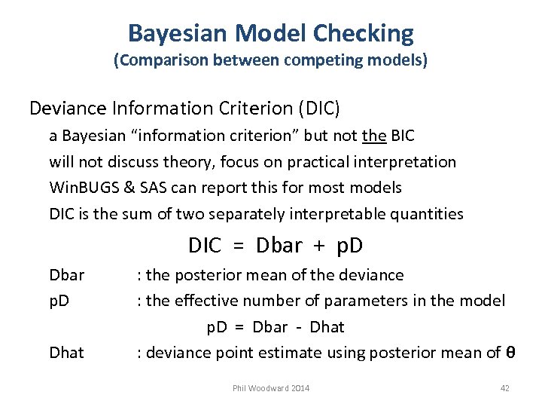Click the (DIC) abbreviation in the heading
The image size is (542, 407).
pyautogui.click(x=319, y=109)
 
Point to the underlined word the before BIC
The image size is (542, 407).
pyautogui.click(x=374, y=136)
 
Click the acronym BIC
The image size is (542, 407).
pyautogui.click(x=403, y=136)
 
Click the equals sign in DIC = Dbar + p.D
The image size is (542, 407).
pyautogui.click(x=239, y=246)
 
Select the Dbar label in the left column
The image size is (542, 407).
pyautogui.click(x=66, y=276)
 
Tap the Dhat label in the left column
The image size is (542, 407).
pyautogui.click(x=66, y=353)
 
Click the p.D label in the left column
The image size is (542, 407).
pyautogui.click(x=59, y=301)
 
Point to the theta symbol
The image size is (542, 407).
pyautogui.click(x=510, y=353)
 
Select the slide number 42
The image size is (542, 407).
pyautogui.click(x=505, y=388)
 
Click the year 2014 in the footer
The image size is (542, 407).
pyautogui.click(x=299, y=388)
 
